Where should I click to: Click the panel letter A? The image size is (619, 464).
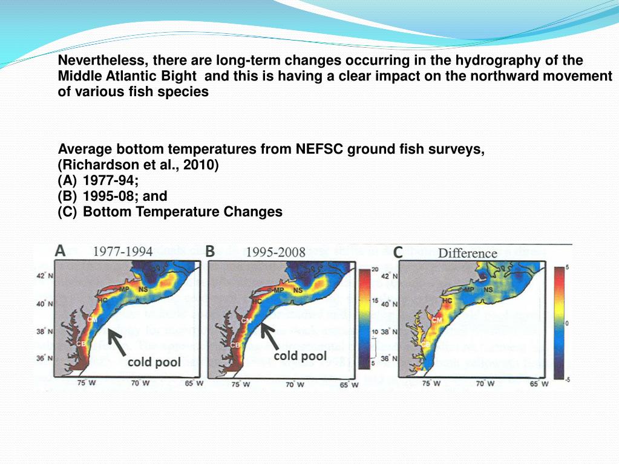point(61,250)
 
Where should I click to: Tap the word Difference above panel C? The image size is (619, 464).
point(468,253)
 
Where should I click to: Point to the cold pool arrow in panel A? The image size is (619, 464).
point(116,339)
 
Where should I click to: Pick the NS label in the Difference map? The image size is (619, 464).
point(488,289)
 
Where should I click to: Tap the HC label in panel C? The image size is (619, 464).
point(447,299)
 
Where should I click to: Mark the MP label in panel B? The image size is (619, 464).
point(279,290)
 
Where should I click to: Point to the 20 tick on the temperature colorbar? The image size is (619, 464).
point(375,269)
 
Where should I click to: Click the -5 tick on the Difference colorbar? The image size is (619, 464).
point(568,379)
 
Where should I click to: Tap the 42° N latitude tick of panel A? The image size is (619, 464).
point(42,276)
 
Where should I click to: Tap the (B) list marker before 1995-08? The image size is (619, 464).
point(68,196)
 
